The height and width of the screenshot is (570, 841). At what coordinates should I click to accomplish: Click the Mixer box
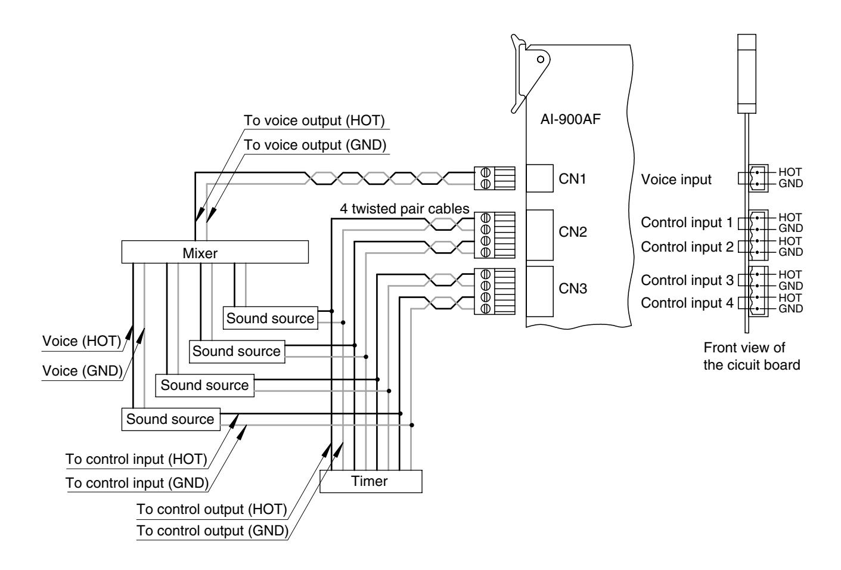(x=215, y=252)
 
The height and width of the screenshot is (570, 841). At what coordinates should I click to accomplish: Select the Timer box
(x=371, y=481)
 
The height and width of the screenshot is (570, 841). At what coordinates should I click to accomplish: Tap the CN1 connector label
(x=572, y=179)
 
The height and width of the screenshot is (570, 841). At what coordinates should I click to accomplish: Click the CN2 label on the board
(x=573, y=232)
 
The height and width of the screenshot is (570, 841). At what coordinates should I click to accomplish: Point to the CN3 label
(x=573, y=289)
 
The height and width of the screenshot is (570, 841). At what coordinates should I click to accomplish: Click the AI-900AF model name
(x=570, y=119)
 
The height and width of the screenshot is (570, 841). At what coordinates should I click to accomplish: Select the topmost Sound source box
(x=271, y=318)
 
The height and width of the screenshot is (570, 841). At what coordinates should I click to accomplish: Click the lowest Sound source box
(x=171, y=419)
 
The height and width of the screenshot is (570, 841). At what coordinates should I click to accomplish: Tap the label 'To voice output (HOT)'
(x=314, y=120)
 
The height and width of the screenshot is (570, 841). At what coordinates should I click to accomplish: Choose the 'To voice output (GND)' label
(x=315, y=145)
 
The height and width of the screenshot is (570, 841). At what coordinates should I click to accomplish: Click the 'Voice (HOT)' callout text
(x=82, y=341)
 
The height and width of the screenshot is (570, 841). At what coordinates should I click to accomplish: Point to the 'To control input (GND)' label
(x=137, y=483)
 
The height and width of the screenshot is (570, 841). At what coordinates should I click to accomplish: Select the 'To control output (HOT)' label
(x=212, y=509)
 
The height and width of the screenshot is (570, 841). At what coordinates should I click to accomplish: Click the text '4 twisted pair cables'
(x=404, y=209)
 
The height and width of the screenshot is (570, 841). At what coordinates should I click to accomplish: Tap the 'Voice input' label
(x=676, y=179)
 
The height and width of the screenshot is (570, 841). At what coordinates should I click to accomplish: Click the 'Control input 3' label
(x=687, y=280)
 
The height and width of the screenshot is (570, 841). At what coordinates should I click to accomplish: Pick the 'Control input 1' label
(x=687, y=222)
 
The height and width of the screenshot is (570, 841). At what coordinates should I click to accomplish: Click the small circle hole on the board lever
(x=541, y=60)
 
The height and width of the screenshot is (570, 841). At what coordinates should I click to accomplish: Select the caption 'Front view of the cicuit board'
(x=752, y=356)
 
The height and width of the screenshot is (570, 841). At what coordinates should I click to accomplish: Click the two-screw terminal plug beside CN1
(x=495, y=178)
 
